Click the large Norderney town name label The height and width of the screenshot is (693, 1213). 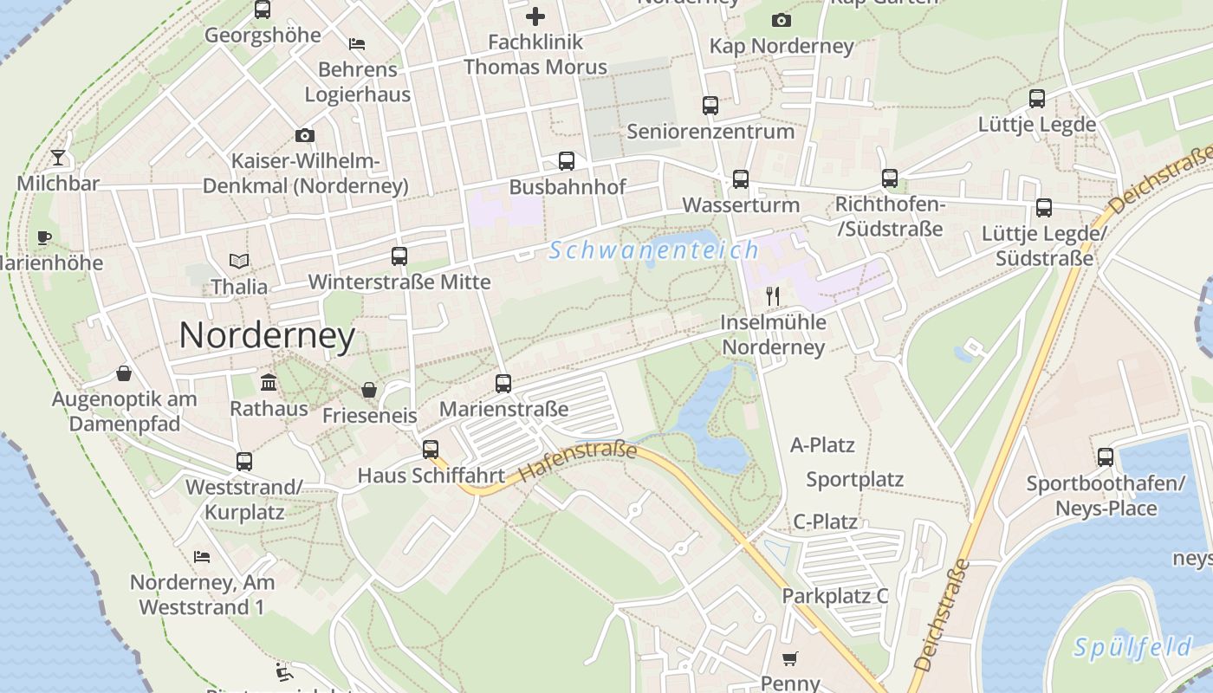click(267, 335)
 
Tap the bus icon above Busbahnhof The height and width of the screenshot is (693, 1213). click(566, 161)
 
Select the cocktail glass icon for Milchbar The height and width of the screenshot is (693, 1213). click(58, 158)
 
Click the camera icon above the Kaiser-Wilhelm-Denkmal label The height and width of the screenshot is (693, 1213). click(304, 135)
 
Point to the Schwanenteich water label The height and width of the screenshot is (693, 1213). click(654, 250)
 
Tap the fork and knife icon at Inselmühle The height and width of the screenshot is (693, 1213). click(773, 296)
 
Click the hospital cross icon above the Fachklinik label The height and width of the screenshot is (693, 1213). click(535, 16)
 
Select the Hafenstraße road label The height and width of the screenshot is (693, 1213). click(578, 462)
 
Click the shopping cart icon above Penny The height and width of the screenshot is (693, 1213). click(789, 659)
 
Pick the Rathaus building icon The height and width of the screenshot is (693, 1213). click(269, 382)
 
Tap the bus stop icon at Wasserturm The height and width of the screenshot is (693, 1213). click(740, 179)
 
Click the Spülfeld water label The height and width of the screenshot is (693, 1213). click(1132, 646)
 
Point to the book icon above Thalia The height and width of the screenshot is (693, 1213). click(239, 261)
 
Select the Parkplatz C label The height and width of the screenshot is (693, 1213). click(834, 596)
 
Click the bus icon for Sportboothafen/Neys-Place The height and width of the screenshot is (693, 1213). click(1105, 457)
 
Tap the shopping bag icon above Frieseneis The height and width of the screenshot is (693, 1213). click(369, 390)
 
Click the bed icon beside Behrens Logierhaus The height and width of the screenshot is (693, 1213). click(356, 43)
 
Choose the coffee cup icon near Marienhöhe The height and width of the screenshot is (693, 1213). click(44, 237)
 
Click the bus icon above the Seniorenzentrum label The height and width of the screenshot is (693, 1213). click(710, 106)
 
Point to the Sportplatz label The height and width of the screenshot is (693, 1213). click(854, 479)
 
